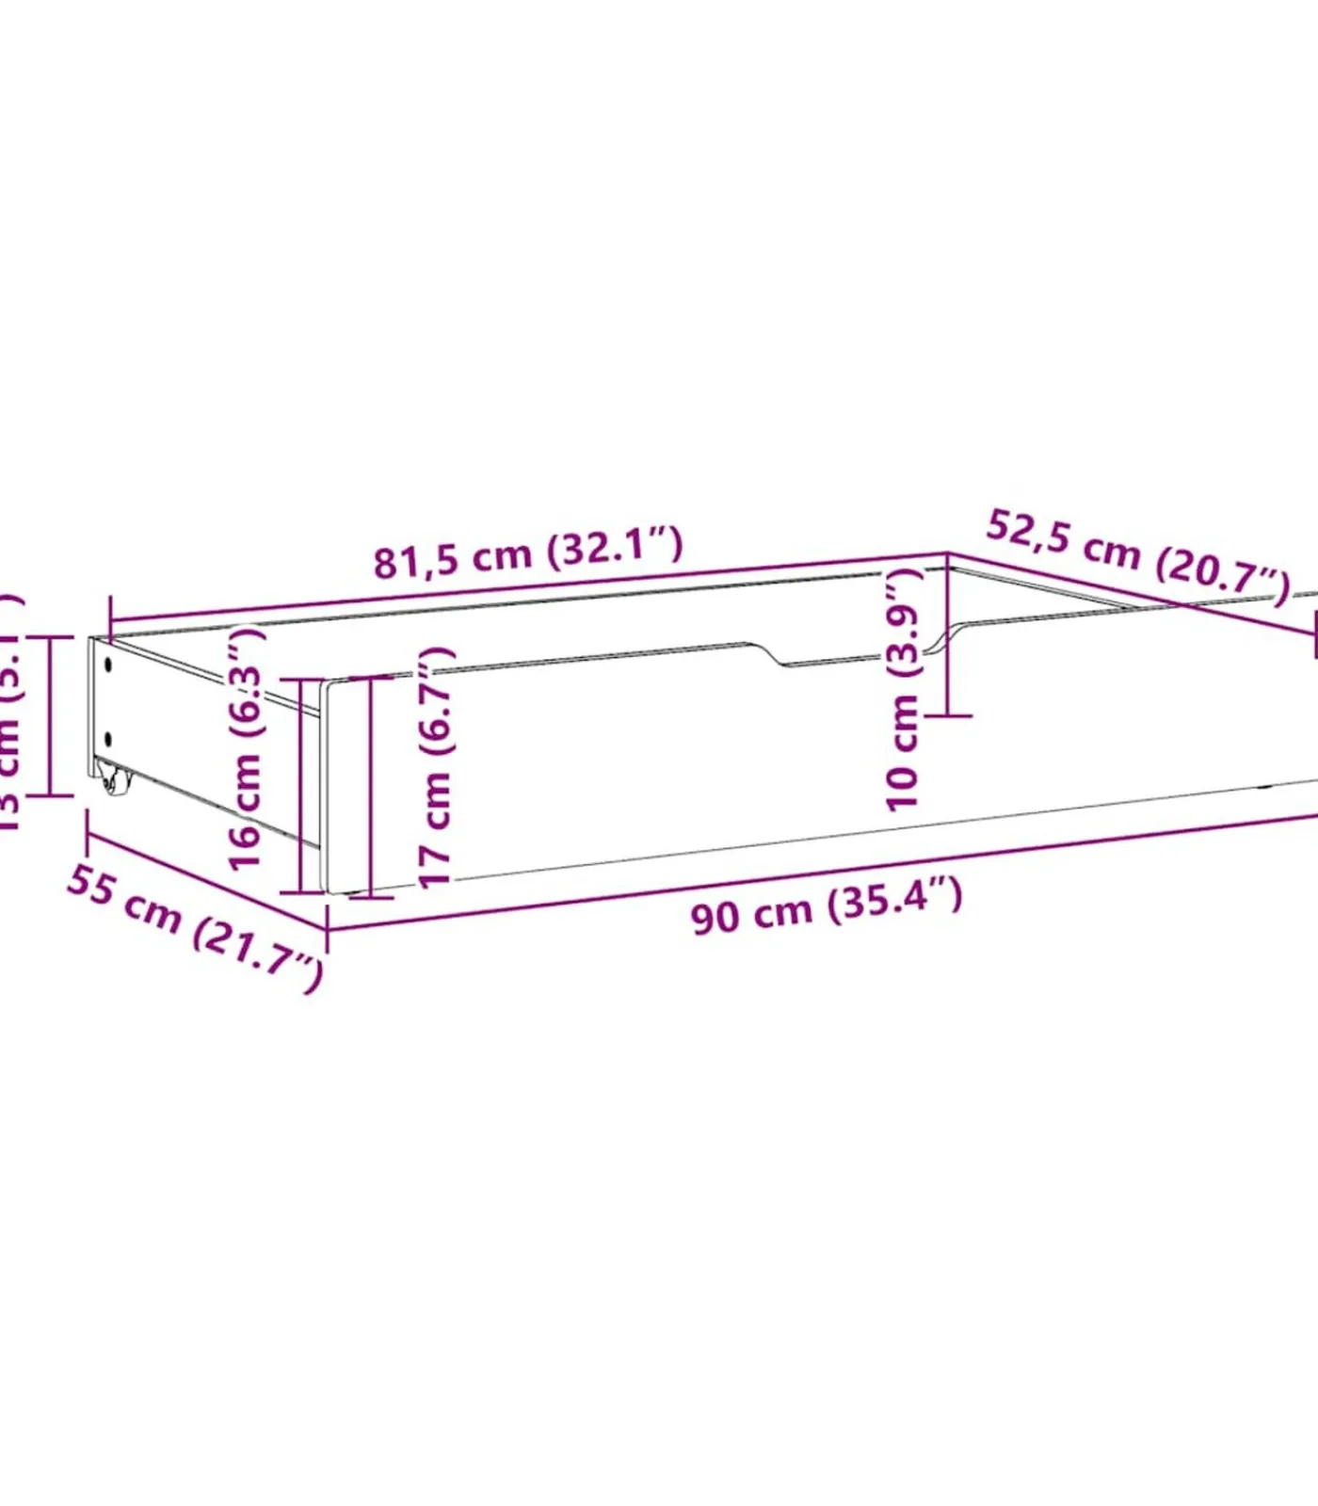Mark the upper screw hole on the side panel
[108, 665]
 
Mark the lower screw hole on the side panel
[108, 739]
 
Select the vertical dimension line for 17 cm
[372, 786]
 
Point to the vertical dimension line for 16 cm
[301, 786]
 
